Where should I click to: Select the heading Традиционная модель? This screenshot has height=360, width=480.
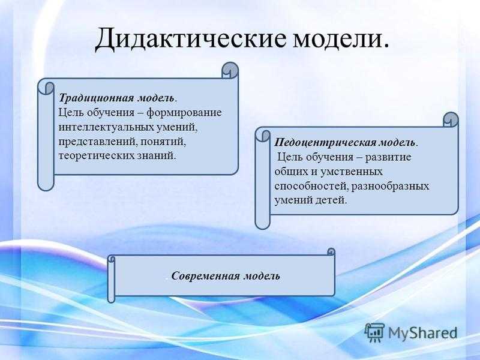pyautogui.click(x=118, y=98)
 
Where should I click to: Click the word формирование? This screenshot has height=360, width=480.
pyautogui.click(x=184, y=113)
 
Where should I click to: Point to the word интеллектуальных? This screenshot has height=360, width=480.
pyautogui.click(x=107, y=127)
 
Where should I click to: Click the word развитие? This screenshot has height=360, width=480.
pyautogui.click(x=388, y=157)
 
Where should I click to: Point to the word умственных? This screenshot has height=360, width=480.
pyautogui.click(x=351, y=172)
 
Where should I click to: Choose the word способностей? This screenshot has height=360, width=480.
pyautogui.click(x=311, y=187)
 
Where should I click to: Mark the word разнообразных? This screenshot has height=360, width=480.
pyautogui.click(x=391, y=186)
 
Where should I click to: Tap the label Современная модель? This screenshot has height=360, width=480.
pyautogui.click(x=226, y=276)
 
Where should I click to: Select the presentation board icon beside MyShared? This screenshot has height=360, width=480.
pyautogui.click(x=374, y=332)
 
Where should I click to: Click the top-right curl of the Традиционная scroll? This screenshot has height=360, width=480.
pyautogui.click(x=230, y=71)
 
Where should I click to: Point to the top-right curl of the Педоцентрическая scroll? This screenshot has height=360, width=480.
pyautogui.click(x=451, y=119)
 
